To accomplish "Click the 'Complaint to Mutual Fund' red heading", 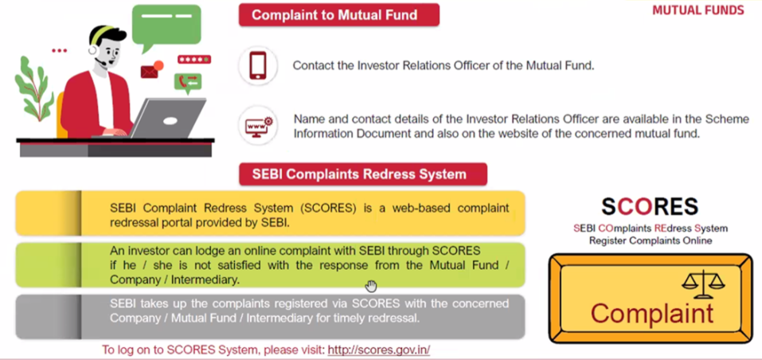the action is (338, 15).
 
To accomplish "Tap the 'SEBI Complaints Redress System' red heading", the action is (362, 174).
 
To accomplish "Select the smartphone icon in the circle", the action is (258, 65).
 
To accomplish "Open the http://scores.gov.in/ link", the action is (379, 350).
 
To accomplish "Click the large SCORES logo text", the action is (650, 207).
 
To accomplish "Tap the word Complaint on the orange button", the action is (651, 313).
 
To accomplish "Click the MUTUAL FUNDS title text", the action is (698, 10).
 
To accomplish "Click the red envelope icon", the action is (150, 72).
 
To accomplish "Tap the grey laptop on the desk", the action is (166, 119).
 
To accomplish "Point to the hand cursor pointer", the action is (371, 286).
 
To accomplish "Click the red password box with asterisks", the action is (194, 60).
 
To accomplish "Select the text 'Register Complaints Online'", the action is (651, 241).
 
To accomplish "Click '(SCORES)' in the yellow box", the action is (329, 209).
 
